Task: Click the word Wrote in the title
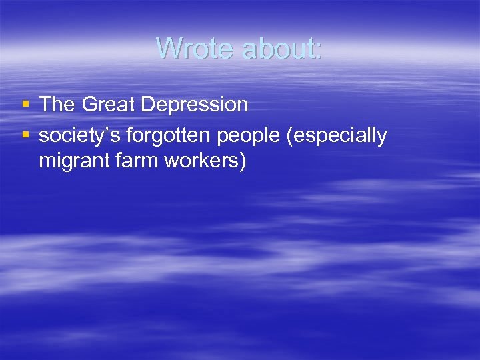pos(197,48)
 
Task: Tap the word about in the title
pos(279,48)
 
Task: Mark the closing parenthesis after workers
pos(242,161)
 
